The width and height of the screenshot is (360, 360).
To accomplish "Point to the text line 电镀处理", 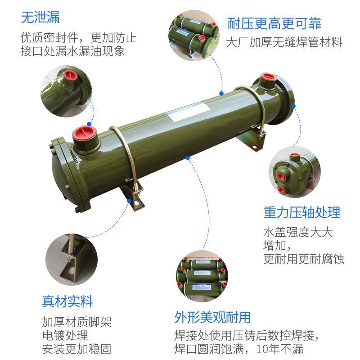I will click(65, 336).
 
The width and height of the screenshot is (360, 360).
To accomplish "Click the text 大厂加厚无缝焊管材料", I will click(284, 43).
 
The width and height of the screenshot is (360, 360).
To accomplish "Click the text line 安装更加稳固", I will click(76, 349).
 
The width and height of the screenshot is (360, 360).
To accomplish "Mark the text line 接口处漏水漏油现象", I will click(72, 51).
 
